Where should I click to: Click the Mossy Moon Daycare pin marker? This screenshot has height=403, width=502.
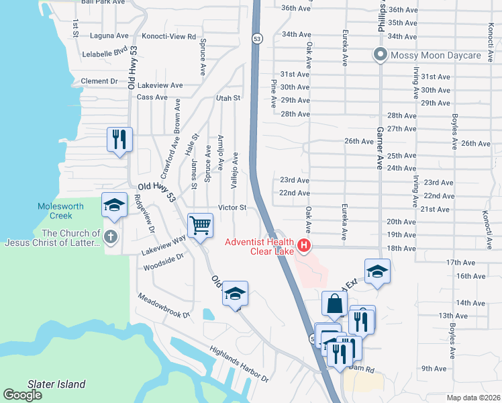coord(380,55)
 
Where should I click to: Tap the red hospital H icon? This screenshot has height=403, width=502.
coord(304,247)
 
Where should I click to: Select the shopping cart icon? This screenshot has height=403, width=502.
coord(200,226)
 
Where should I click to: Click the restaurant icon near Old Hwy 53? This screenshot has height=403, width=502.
coord(119,140)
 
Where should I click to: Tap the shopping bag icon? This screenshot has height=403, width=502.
coord(334,304)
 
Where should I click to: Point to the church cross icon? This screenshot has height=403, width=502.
coord(111,236)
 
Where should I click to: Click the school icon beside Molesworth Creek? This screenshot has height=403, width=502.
coord(114,205)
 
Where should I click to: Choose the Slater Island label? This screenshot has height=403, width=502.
coord(56,385)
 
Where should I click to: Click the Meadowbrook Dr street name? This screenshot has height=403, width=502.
coord(164,305)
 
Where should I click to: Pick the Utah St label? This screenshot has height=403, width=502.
coord(228,98)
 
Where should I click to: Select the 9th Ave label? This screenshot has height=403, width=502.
coord(434,369)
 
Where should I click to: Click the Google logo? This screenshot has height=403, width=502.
coord(22,395)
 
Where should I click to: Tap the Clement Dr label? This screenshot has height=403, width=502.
coord(99,81)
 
